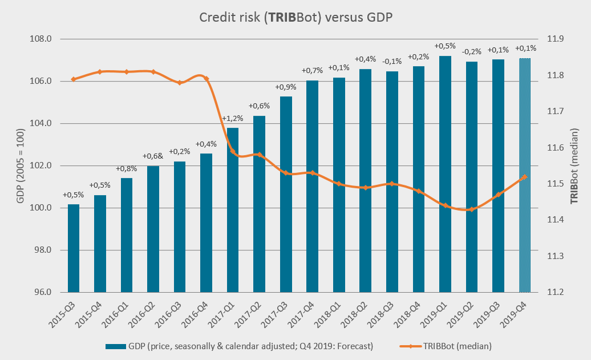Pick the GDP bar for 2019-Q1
tap(445, 174)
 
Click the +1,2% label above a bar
tap(233, 119)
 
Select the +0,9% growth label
tap(286, 87)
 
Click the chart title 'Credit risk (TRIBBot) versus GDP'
tap(295, 18)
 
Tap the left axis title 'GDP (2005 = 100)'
tap(20, 165)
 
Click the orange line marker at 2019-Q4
tap(524, 177)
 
